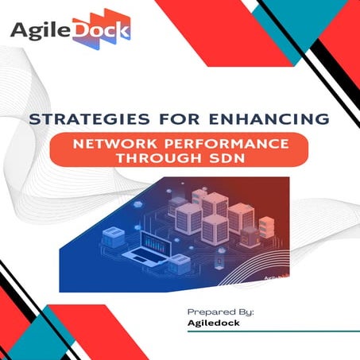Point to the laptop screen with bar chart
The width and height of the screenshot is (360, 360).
coord(157,242)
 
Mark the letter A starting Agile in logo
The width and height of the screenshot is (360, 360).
coord(18,32)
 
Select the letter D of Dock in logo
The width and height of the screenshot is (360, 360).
coord(79,32)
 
